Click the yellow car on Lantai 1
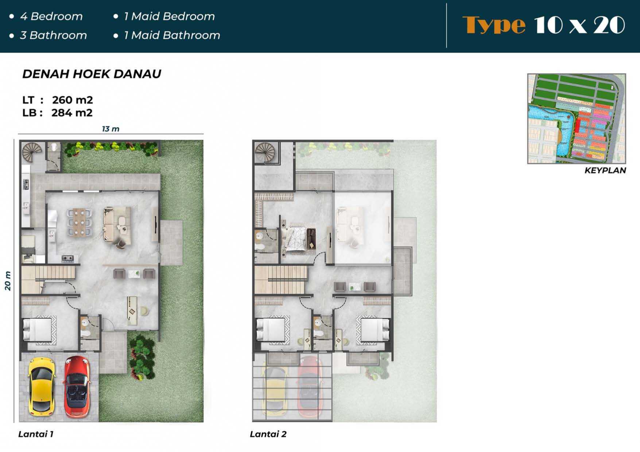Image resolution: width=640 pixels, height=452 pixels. point(42,386)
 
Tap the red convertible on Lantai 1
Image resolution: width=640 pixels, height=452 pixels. point(77,386)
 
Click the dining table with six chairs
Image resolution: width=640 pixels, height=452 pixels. point(79,222)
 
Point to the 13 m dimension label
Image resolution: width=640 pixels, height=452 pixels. point(110,129)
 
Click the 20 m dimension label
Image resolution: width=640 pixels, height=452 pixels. point(8,281)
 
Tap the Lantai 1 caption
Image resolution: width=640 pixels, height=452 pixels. point(36,434)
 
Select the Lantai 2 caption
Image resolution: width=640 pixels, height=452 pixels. point(268,434)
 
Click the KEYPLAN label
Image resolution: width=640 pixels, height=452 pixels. point(605,170)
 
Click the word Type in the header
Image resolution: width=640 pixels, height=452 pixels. point(494,25)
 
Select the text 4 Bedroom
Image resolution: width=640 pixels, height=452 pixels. point(51,16)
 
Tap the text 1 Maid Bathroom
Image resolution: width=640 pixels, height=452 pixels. point(172,35)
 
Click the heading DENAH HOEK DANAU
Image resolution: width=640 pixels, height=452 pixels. point(92,74)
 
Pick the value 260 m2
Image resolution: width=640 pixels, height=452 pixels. point(72,100)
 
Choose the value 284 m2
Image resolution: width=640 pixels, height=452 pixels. point(72,113)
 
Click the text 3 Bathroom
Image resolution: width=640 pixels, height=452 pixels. point(53,35)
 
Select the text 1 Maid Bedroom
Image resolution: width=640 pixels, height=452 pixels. point(169,16)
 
